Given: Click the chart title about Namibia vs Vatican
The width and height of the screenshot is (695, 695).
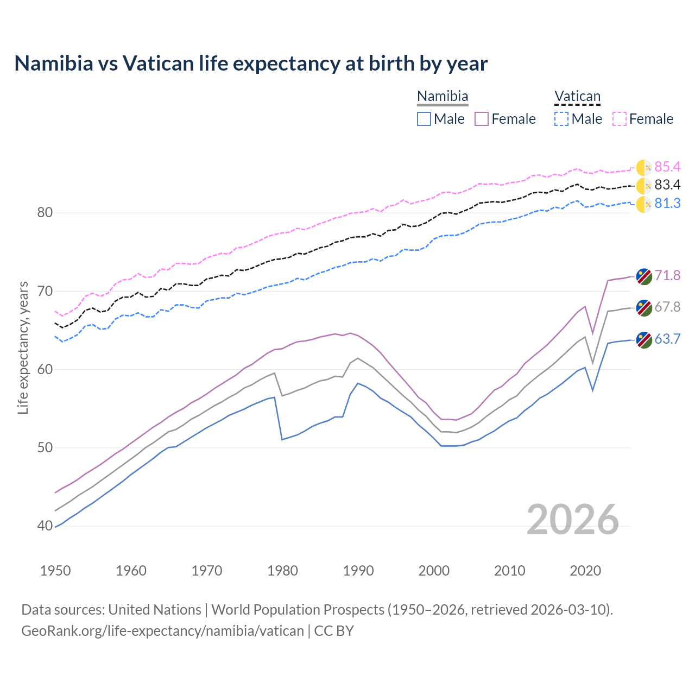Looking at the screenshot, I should point(251,64).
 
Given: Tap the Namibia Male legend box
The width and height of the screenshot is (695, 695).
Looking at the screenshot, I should point(424,119).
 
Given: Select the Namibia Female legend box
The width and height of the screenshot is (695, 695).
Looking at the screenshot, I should point(482,119).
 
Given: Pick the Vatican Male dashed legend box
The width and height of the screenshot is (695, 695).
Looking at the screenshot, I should point(561,119).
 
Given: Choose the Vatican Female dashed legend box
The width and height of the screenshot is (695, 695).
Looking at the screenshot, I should point(620,119).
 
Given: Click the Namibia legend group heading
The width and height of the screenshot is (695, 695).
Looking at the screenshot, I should point(443,97).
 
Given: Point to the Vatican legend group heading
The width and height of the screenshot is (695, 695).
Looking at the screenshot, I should point(577,97).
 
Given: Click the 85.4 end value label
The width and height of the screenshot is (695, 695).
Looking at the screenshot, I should point(667,167).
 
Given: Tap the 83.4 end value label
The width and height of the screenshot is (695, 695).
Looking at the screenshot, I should point(667,185).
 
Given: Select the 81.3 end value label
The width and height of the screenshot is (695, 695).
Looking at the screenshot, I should point(667,204).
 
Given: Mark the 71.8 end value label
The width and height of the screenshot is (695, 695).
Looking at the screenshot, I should point(667,276).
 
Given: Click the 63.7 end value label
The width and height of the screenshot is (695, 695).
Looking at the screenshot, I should point(667,339).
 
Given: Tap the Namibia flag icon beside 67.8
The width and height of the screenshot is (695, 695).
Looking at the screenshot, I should point(644,307).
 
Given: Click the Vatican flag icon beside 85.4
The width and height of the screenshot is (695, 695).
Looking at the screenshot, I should point(644,168).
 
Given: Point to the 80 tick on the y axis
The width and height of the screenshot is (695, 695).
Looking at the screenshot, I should point(45,212).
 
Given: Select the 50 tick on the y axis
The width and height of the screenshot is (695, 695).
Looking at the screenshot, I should point(45,448).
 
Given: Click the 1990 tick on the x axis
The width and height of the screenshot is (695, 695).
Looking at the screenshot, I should point(358,571).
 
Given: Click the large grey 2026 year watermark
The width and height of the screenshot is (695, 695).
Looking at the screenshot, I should point(573,520).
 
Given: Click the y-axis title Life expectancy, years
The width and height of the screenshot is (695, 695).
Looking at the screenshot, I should point(23,347).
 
